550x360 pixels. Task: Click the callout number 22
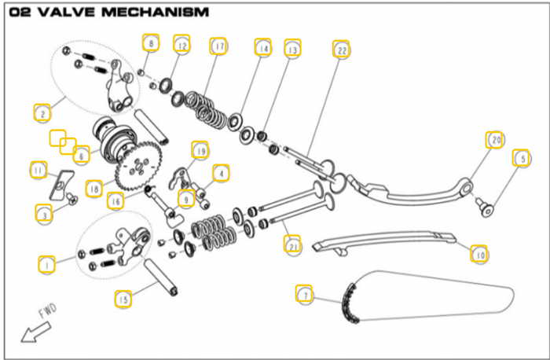coord(339,49)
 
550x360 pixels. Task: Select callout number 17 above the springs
coord(218,46)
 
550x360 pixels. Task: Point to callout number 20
coord(493,140)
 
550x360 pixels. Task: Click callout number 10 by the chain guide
coord(479,254)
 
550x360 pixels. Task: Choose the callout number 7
coord(303,295)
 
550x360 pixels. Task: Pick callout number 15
coord(123,299)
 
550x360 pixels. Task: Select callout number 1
coord(48,264)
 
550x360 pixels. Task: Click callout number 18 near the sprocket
coord(94,189)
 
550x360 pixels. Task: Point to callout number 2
coord(41,112)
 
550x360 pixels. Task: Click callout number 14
coord(262,48)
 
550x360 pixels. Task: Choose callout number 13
coord(292,50)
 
